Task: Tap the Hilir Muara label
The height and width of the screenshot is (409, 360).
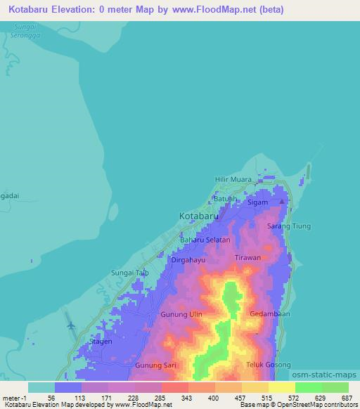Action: pos(233,180)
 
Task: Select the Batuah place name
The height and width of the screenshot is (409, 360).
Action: pos(226,198)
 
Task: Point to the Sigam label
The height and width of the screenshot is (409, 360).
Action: pos(258,202)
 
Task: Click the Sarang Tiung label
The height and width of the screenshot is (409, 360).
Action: pos(289,226)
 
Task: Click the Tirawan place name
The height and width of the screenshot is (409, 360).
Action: pos(247,258)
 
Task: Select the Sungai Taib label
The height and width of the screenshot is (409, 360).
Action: pos(130,273)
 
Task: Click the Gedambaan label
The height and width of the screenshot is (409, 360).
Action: pos(269,314)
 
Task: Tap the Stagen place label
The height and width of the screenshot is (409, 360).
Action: pos(101,342)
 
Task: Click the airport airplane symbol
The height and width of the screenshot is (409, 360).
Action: pos(70,325)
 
